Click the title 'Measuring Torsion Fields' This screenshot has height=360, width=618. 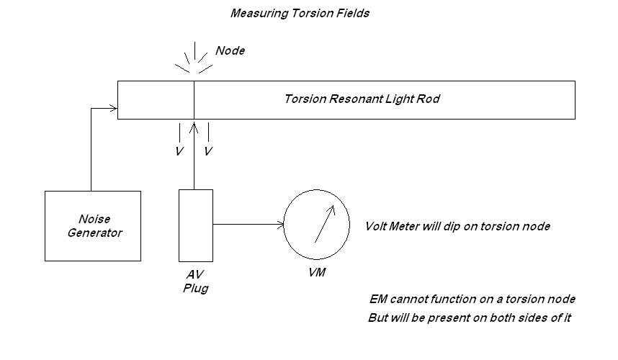click(300, 13)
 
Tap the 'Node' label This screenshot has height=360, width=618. click(230, 50)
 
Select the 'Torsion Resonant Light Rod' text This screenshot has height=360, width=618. click(362, 99)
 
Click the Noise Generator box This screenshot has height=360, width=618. click(92, 225)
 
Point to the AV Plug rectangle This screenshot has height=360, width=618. click(195, 225)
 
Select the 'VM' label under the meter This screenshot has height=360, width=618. click(316, 274)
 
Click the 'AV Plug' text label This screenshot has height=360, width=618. click(195, 282)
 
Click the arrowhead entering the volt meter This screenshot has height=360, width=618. click(280, 225)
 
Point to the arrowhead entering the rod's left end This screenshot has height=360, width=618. click(113, 109)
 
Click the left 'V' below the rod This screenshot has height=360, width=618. click(179, 152)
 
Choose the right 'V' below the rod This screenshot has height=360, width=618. click(208, 152)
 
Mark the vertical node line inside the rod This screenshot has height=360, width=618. click(194, 99)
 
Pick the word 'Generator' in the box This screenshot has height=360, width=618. click(94, 233)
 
